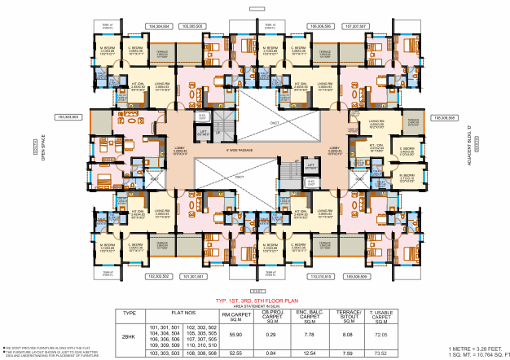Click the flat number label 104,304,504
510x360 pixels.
tap(158, 27)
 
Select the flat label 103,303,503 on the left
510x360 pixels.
tap(69, 117)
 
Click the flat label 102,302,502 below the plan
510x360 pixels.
tap(158, 276)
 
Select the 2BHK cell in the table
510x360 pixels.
tap(129, 334)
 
